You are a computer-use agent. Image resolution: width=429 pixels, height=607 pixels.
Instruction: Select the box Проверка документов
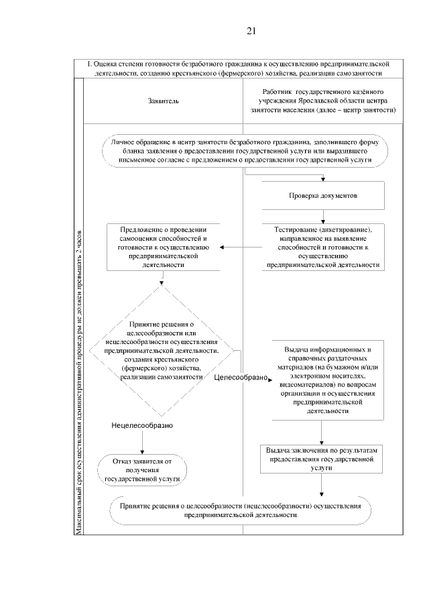click(x=323, y=196)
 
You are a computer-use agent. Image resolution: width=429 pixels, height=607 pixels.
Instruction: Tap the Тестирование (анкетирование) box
click(x=323, y=247)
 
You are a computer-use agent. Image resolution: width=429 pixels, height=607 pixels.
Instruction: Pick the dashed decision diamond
click(x=162, y=349)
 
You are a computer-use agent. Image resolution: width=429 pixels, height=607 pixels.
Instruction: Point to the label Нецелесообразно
click(x=143, y=426)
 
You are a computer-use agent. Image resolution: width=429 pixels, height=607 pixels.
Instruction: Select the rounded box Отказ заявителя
click(x=142, y=470)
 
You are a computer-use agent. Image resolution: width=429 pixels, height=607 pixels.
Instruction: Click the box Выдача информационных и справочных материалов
click(x=323, y=381)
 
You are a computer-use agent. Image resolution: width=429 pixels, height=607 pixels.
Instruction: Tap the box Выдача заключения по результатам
click(x=323, y=455)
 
